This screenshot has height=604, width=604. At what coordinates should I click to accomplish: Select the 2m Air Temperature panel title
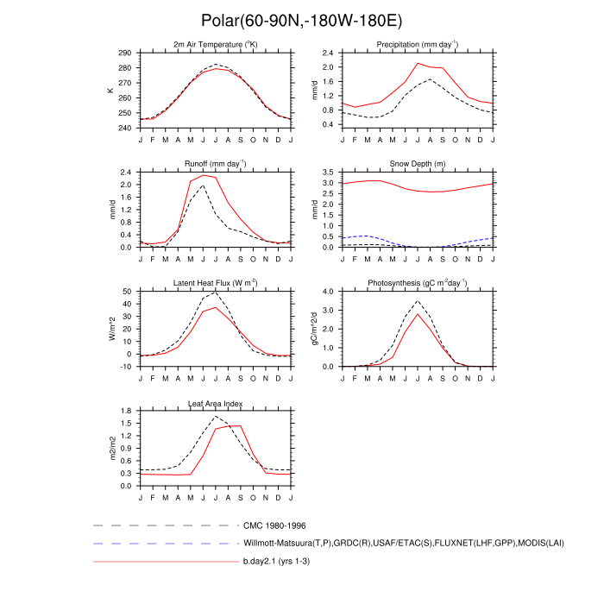coord(216,44)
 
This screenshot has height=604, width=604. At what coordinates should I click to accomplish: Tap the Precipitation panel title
coord(417,44)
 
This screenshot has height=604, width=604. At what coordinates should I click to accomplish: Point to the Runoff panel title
coord(216,163)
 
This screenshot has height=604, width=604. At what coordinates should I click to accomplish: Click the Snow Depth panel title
coord(417,163)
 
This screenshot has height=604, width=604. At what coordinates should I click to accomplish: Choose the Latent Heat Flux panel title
coord(216,282)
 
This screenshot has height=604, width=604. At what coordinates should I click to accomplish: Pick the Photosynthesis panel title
coord(417,282)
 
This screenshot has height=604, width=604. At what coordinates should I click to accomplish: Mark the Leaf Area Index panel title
coord(216,402)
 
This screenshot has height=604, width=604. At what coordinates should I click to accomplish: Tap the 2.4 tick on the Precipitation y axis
coord(328,53)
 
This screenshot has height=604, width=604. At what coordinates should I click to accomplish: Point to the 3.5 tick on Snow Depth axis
coord(328,173)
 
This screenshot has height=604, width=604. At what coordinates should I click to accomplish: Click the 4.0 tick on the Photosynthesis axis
coord(328,292)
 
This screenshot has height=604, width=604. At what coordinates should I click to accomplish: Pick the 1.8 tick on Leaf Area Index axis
coord(126,411)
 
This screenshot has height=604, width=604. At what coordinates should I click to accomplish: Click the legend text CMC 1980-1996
coord(274,525)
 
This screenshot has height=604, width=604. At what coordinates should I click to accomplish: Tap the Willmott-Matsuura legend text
coord(402,544)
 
